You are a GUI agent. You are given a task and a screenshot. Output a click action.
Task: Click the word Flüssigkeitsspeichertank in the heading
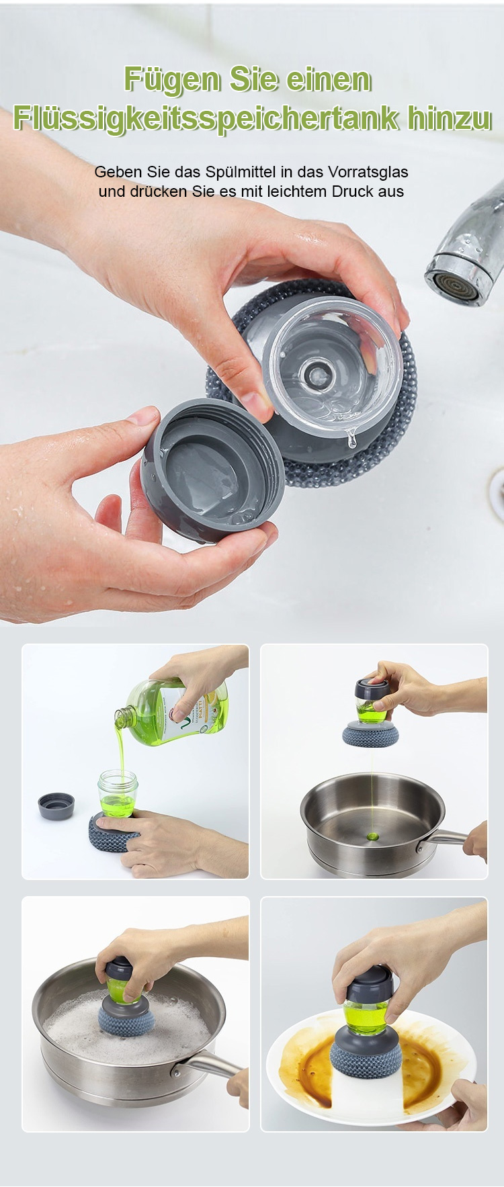206,119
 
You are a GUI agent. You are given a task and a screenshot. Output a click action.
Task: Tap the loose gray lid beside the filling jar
56,805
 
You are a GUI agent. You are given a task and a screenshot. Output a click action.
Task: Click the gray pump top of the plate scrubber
370,983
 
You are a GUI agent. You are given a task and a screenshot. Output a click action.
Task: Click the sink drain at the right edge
497,494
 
